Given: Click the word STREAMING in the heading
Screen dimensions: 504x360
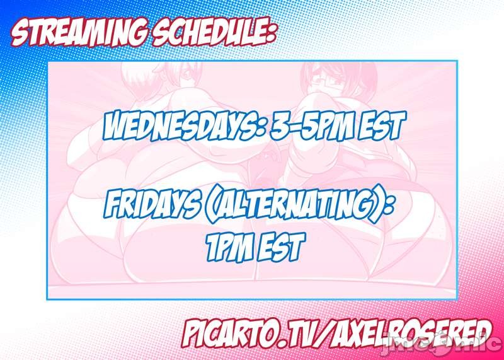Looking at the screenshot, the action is (x=79, y=34).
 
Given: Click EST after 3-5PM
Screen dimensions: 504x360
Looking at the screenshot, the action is (x=376, y=125).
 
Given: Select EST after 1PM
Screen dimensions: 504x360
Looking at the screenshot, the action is (x=280, y=247).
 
